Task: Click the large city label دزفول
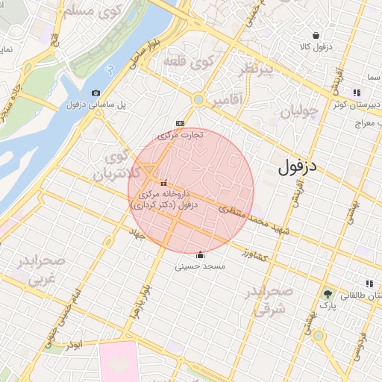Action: [x=298, y=167]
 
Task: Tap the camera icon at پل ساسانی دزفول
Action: [x=95, y=93]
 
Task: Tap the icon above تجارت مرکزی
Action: [x=179, y=123]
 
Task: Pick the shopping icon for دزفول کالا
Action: [x=316, y=35]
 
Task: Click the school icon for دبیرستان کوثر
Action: [x=357, y=93]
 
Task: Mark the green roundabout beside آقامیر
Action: [x=198, y=99]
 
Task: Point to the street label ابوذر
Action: [x=73, y=345]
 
